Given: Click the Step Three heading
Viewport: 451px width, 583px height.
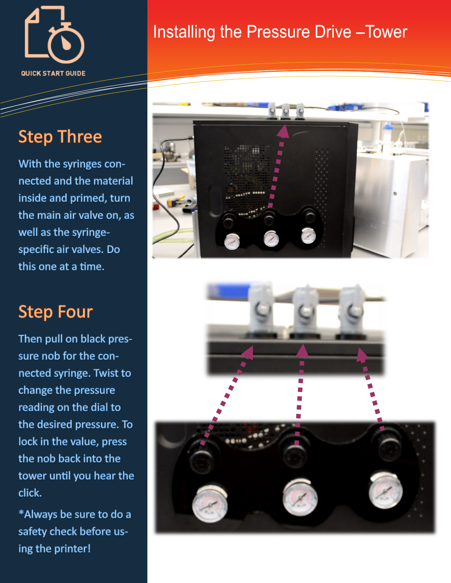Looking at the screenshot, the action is [x=60, y=137].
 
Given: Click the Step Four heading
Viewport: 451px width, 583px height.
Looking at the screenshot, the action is [x=56, y=312].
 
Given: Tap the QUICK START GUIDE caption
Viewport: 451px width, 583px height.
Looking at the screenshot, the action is [x=53, y=74].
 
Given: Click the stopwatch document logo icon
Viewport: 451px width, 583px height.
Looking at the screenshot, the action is [x=55, y=34].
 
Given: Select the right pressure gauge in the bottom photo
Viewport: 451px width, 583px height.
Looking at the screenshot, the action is [x=385, y=491].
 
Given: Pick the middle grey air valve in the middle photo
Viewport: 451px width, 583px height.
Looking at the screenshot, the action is [x=305, y=312].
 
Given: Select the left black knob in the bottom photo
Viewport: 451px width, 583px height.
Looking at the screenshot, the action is [x=202, y=457].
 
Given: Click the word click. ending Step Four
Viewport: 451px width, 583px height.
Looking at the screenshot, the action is [x=30, y=493].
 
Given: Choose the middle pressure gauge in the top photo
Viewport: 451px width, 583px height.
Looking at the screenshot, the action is [x=271, y=239].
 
